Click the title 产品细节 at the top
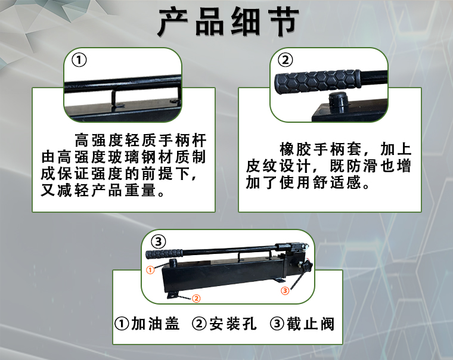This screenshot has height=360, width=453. [x=228, y=22]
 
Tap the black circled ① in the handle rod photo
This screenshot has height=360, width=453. [x=79, y=60]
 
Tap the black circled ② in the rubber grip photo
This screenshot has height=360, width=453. [x=285, y=60]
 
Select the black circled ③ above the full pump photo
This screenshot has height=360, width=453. [x=159, y=241]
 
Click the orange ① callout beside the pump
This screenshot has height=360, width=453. [x=150, y=270]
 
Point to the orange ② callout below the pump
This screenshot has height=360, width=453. [x=196, y=298]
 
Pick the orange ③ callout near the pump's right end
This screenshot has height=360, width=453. [x=285, y=290]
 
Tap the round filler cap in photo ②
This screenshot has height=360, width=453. [x=339, y=103]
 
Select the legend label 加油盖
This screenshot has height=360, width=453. [x=156, y=324]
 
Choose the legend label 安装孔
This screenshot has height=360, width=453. [x=233, y=324]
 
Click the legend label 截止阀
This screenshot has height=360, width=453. [x=311, y=324]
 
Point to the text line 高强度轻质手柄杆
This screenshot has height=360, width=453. [x=141, y=141]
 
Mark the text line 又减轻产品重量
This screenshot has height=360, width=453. [x=98, y=190]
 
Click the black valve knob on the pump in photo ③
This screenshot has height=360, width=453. [x=306, y=266]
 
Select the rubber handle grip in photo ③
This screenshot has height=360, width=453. [x=165, y=254]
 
